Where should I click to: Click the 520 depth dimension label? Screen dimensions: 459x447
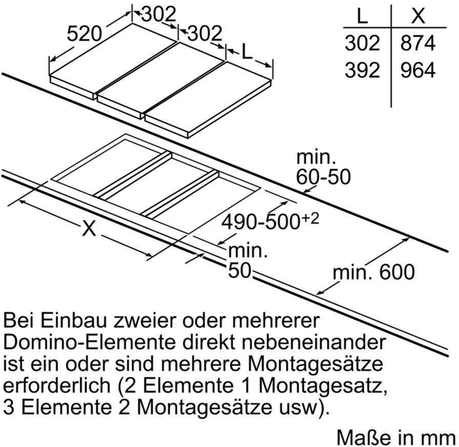coord(85,34)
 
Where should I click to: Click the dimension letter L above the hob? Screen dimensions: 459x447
coord(247,53)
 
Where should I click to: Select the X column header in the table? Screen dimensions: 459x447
coord(418,16)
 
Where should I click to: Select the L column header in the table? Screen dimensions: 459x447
coord(362,16)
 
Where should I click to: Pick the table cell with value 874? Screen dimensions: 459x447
coord(418,43)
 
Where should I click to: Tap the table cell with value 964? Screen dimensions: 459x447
coord(418,70)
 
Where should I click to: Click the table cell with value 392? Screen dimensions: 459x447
coord(362,70)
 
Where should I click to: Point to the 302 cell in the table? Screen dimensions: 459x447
coord(362,43)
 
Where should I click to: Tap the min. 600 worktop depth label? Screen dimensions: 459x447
coord(373,272)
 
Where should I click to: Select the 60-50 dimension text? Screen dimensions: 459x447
coord(323,177)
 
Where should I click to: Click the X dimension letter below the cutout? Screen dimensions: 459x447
coord(89,228)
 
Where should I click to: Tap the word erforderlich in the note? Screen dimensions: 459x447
coord(56,385)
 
